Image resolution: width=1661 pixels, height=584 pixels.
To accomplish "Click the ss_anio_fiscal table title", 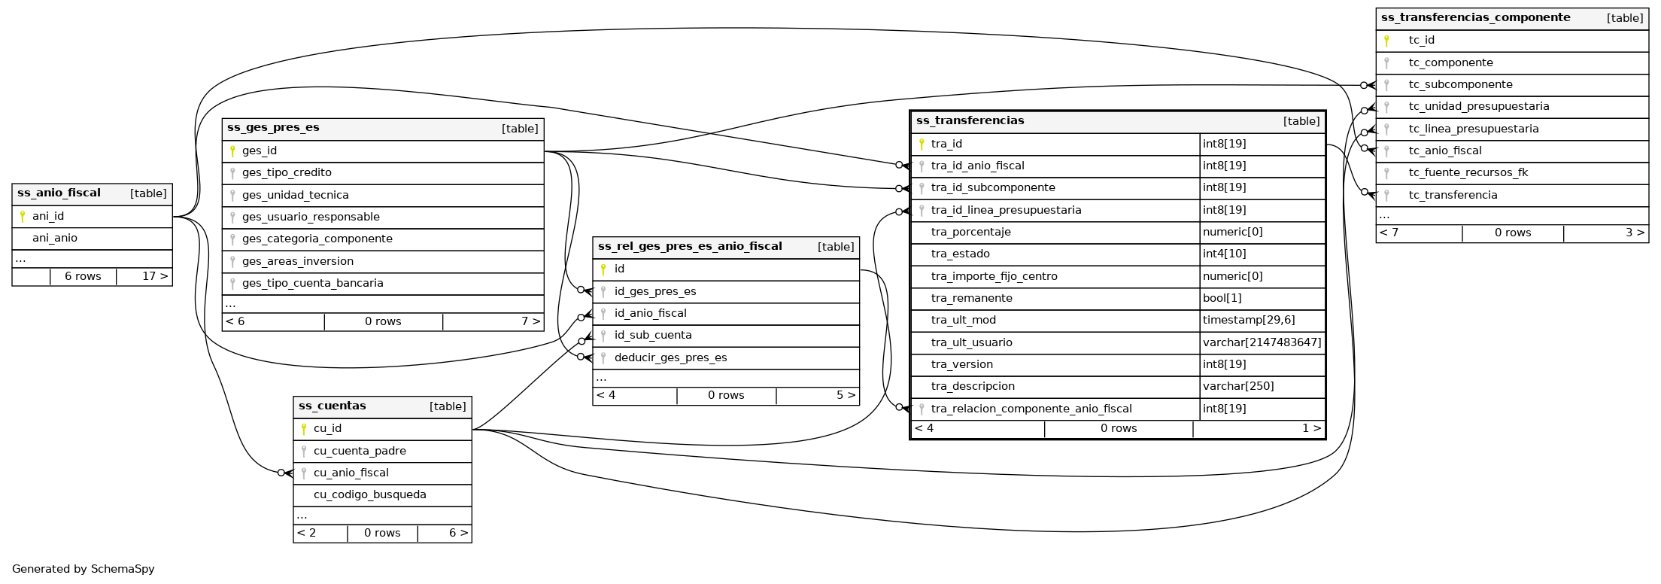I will pyautogui.click(x=59, y=193).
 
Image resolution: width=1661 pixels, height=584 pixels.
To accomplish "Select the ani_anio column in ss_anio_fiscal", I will pyautogui.click(x=55, y=238).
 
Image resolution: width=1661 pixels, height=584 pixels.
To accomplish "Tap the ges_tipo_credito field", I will pyautogui.click(x=287, y=172).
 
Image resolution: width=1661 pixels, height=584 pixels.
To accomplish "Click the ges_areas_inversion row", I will pyautogui.click(x=297, y=261).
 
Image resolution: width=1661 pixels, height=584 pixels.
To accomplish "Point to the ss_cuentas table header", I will pyautogui.click(x=333, y=406).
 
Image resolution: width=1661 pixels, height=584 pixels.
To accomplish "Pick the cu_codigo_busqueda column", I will pyautogui.click(x=369, y=494).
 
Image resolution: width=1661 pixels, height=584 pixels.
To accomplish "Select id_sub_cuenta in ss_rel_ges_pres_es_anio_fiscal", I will pyautogui.click(x=653, y=335).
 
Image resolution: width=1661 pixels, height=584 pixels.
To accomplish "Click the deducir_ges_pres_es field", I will pyautogui.click(x=670, y=357).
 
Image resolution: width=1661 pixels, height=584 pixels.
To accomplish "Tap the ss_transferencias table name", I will pyautogui.click(x=970, y=120).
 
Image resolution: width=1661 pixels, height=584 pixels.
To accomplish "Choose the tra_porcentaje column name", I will pyautogui.click(x=970, y=232).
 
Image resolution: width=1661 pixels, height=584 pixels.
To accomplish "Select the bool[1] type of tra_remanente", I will pyautogui.click(x=1222, y=298).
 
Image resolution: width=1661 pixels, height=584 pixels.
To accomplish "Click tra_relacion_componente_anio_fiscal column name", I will pyautogui.click(x=1031, y=409).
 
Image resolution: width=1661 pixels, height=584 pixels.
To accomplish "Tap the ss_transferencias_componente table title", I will pyautogui.click(x=1475, y=17).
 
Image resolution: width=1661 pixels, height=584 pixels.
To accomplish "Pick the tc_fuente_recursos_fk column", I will pyautogui.click(x=1468, y=172).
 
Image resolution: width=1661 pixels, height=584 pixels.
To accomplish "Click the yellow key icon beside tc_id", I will pyautogui.click(x=1386, y=41).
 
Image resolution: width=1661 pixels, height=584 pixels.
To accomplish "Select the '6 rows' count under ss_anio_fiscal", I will pyautogui.click(x=83, y=276).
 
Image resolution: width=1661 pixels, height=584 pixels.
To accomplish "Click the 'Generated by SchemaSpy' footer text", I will pyautogui.click(x=83, y=569).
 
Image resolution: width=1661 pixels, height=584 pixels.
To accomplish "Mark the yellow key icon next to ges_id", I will pyautogui.click(x=232, y=151).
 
